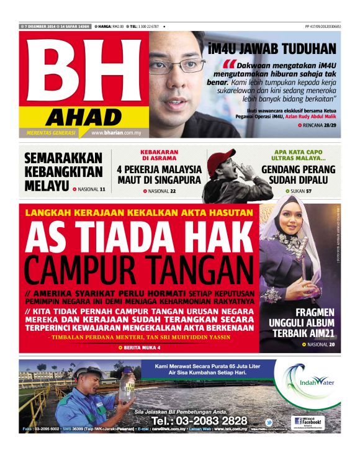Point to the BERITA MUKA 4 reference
coord(141,348)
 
